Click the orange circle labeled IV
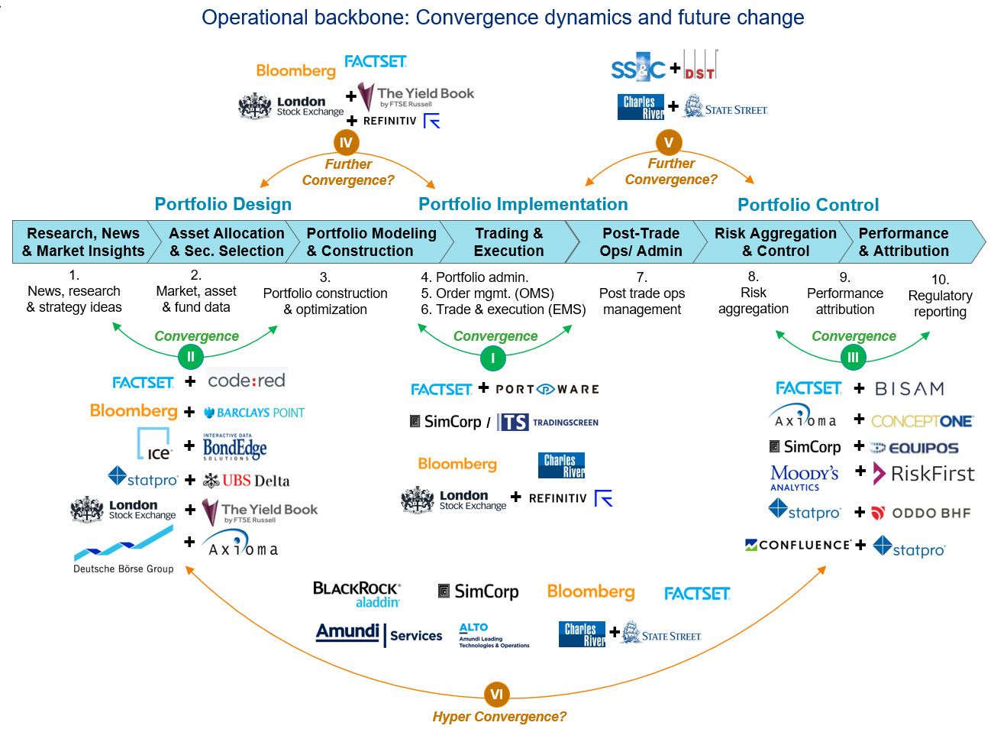346,143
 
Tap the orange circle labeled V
669,142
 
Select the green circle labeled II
190,356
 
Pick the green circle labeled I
493,358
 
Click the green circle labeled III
853,357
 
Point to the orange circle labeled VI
496,695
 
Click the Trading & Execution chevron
508,242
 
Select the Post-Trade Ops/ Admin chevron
641,242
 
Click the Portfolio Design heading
223,204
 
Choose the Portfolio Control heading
808,205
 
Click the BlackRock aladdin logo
357,595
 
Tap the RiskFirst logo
924,474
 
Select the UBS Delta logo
247,481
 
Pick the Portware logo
547,389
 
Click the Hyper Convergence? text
499,717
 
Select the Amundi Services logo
379,634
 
